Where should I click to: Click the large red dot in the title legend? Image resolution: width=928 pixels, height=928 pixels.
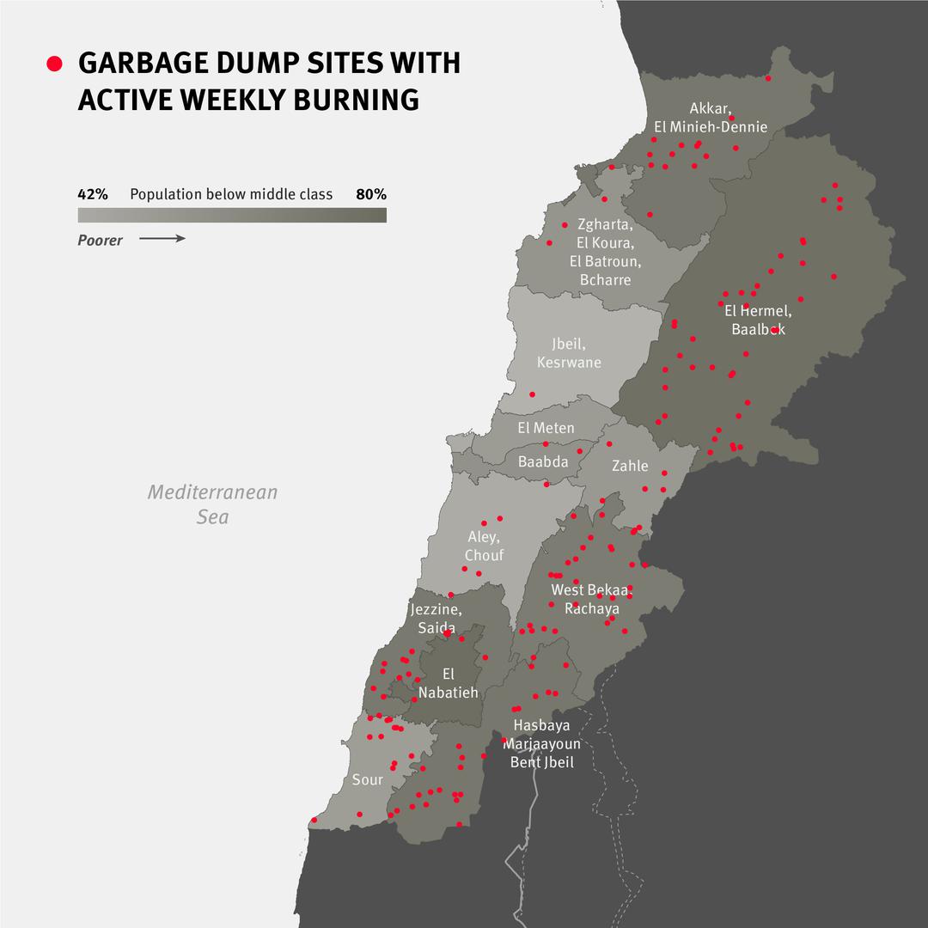coord(55,64)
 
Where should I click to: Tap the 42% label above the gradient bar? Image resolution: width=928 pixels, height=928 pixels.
coord(93,194)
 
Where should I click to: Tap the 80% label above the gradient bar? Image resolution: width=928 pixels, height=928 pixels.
coord(371,194)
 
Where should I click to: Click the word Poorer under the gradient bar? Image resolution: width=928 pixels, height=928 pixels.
coord(100,241)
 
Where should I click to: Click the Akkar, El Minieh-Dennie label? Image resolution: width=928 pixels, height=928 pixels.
coord(710,118)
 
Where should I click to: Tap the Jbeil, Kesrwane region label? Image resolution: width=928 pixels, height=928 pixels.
coord(569,352)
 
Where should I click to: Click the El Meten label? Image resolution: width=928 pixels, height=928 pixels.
coord(546,428)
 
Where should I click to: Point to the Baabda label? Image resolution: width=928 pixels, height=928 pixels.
coord(543,461)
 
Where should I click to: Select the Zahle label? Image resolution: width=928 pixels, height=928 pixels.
coord(630,466)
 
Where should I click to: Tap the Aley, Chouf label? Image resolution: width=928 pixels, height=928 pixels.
coord(484,546)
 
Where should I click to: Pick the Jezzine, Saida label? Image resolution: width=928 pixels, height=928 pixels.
coord(437,619)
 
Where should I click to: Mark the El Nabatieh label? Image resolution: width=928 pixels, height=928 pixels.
coord(448,682)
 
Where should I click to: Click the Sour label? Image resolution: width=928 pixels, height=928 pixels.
coord(367,780)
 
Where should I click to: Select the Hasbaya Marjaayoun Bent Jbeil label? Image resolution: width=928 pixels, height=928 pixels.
coord(541,743)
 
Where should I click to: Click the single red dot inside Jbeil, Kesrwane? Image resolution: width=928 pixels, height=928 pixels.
coord(532,394)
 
